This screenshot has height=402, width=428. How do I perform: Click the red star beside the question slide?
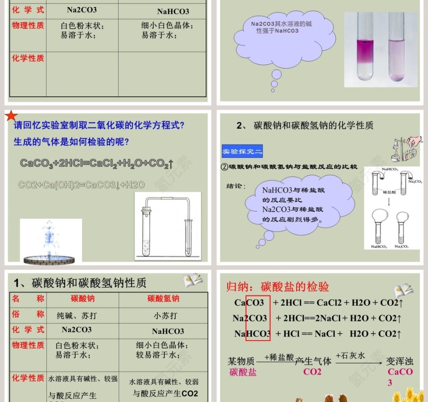point(11,117)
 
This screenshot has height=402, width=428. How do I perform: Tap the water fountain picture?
point(50,241)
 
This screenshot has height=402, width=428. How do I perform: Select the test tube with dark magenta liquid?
point(365,47)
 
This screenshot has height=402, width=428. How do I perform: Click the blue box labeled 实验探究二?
point(243,152)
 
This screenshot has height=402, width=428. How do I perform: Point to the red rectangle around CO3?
point(258,317)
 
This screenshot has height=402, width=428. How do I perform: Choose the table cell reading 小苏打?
point(166,315)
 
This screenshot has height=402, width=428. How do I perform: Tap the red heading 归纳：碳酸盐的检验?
point(278,287)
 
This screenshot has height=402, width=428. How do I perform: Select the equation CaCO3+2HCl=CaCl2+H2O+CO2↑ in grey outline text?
point(97,163)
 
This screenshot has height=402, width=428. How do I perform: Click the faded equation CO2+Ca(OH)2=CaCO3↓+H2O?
point(82,185)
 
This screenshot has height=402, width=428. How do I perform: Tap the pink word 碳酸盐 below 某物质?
point(243,372)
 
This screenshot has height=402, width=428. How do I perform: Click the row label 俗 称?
point(28,315)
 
